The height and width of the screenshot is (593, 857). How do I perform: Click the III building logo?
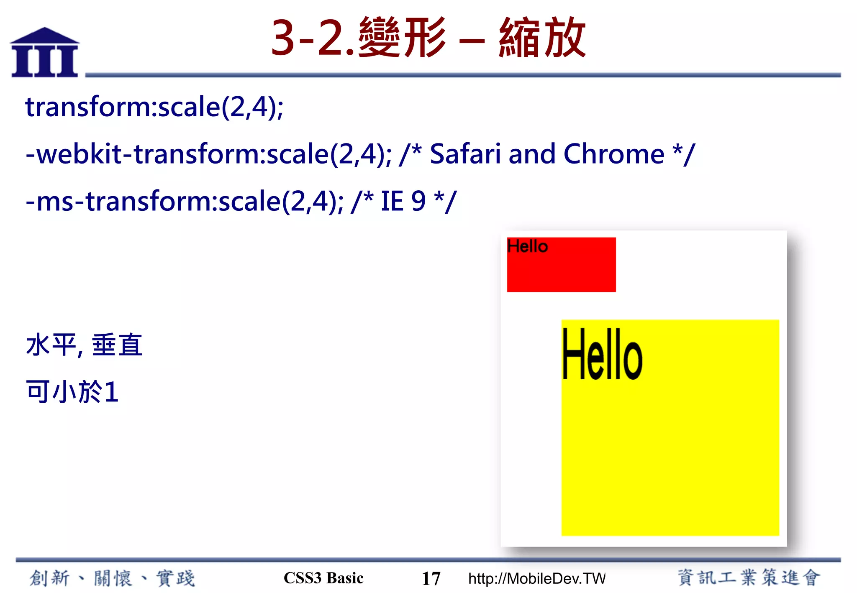click(45, 53)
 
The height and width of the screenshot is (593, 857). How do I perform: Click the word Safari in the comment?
click(465, 154)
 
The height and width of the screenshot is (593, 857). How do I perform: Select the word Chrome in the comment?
click(613, 154)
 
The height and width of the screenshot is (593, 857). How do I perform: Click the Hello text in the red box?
click(527, 246)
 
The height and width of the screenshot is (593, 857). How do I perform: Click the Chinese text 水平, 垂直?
click(84, 345)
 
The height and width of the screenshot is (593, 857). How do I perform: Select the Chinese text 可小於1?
click(72, 392)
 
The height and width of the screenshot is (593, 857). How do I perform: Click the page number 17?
click(431, 579)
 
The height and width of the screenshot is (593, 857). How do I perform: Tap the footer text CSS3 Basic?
click(323, 578)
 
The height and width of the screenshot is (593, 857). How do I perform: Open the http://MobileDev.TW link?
click(536, 579)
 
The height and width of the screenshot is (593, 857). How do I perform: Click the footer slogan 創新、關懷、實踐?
click(112, 578)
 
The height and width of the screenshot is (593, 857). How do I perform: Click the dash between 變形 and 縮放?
click(472, 41)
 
